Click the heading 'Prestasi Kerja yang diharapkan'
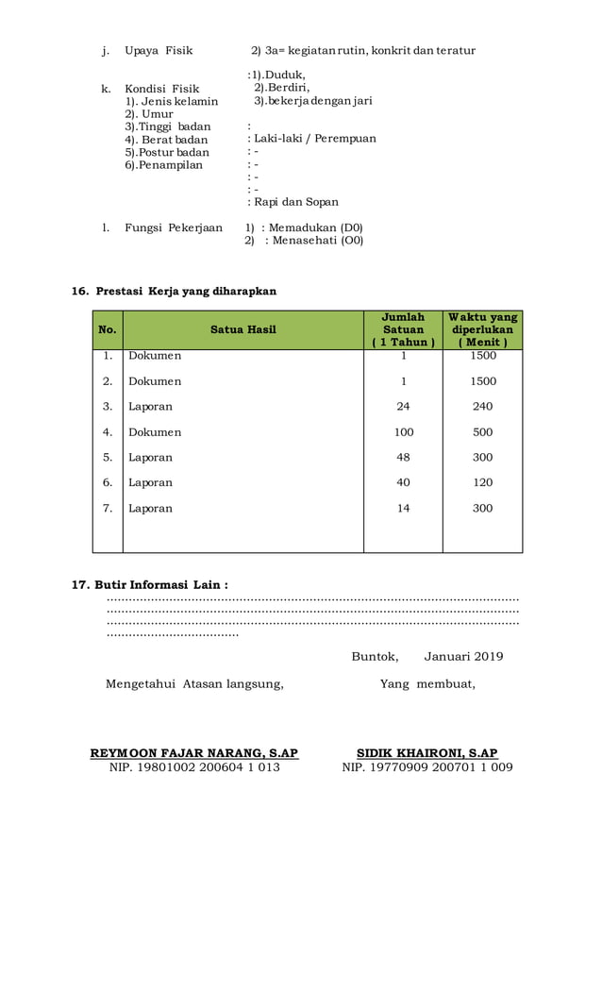click(186, 291)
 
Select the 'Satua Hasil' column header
click(242, 330)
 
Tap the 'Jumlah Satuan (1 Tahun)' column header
click(403, 329)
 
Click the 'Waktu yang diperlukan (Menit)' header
click(482, 329)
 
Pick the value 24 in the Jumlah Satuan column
click(403, 407)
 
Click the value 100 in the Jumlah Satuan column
click(403, 432)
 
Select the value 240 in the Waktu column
click(482, 407)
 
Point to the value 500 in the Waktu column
click(482, 432)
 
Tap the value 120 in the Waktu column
click(482, 482)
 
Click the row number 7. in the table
click(108, 508)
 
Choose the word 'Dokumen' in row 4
click(155, 432)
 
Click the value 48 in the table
click(403, 457)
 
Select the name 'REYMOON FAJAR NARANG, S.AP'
click(194, 753)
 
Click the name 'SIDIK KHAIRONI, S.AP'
click(426, 753)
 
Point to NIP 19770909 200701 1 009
click(426, 767)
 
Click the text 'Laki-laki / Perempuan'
click(312, 139)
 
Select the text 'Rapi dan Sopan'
click(293, 202)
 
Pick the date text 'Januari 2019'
click(463, 657)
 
